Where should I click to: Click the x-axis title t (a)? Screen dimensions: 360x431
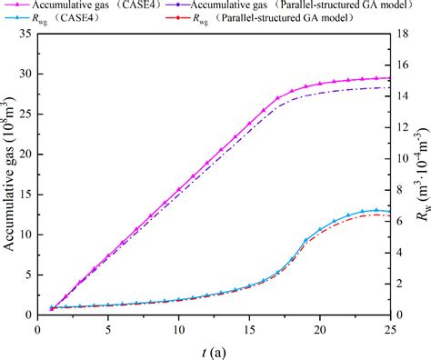coord(215,349)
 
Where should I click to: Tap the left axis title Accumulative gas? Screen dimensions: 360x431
coord(11,173)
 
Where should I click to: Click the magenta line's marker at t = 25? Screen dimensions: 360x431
coord(389,78)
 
